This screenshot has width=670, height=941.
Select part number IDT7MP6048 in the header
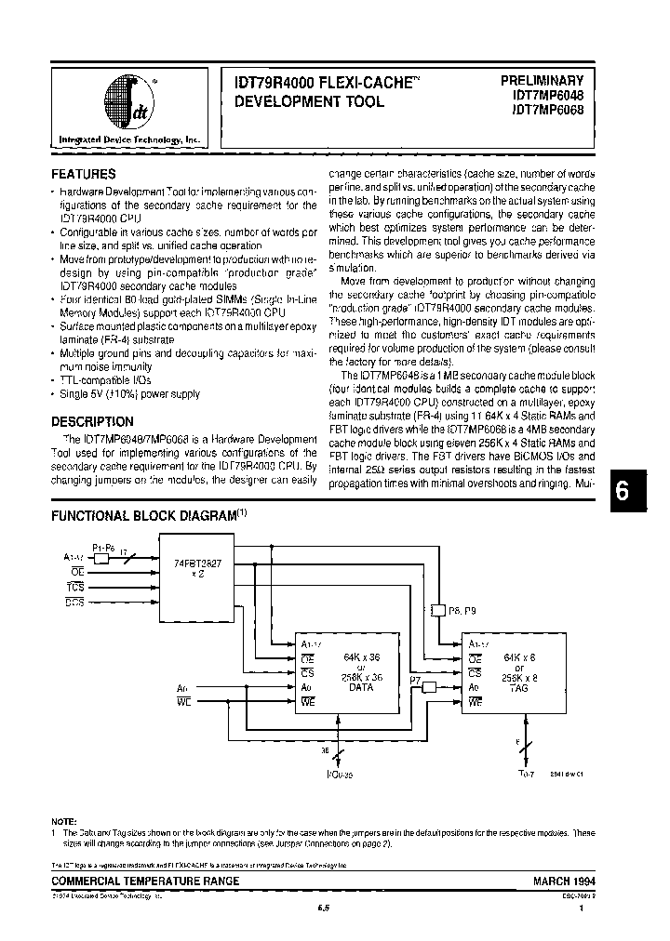click(x=546, y=96)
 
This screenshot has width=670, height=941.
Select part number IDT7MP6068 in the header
click(x=546, y=111)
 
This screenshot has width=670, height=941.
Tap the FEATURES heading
click(x=83, y=174)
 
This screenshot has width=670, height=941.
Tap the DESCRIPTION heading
click(x=91, y=421)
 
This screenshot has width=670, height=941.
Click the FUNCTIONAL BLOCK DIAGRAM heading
click(x=145, y=514)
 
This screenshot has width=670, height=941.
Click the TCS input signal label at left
click(x=74, y=588)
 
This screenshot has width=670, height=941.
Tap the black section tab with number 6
click(x=636, y=495)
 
